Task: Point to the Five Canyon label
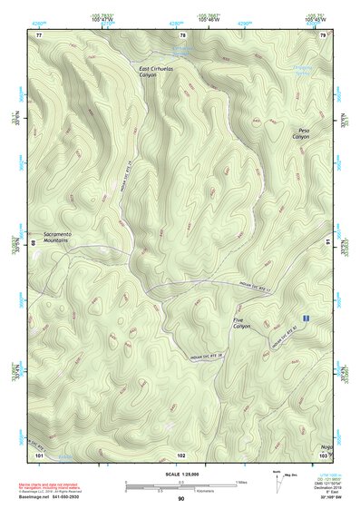[x=240, y=322]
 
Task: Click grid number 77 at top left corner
[x=38, y=34]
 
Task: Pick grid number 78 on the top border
[x=181, y=34]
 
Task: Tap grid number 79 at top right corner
[x=324, y=34]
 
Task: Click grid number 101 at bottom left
[x=38, y=453]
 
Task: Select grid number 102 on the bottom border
[x=181, y=453]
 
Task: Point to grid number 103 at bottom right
[x=324, y=454]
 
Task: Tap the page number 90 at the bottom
[x=180, y=498]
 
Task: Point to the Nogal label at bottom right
[x=326, y=445]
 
